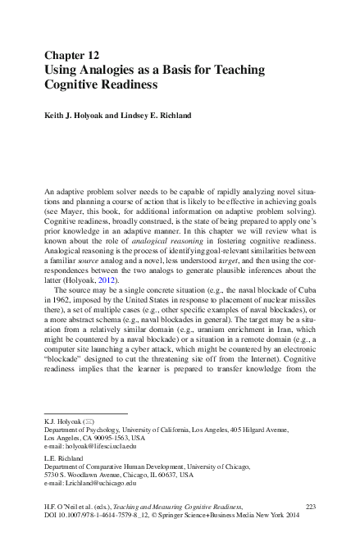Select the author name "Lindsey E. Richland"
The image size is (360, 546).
(167, 116)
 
